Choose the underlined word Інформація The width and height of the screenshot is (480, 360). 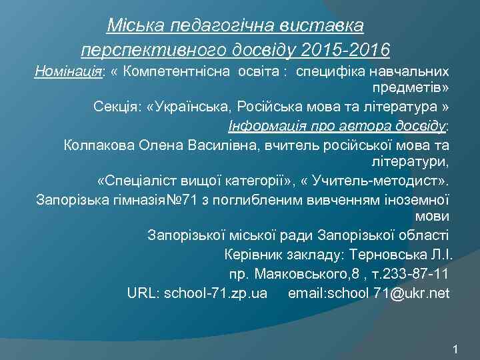tap(263, 126)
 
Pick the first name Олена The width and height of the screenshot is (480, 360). tap(155, 144)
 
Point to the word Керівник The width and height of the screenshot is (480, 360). tap(253, 254)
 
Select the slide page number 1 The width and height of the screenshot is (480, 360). tap(455, 349)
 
